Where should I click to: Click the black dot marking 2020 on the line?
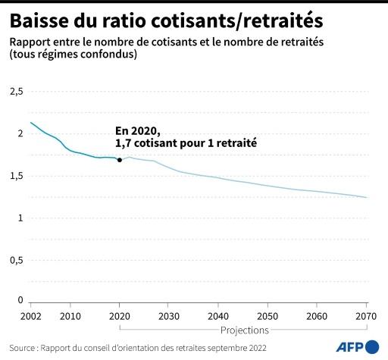tap(120, 160)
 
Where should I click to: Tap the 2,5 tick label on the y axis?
tap(16, 91)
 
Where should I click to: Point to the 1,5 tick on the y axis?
tap(16, 176)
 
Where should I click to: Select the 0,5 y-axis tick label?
tap(16, 260)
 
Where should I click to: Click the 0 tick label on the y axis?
tap(20, 300)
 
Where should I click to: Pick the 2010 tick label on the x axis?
tap(70, 315)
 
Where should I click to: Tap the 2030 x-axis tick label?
tap(169, 315)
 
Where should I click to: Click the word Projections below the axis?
tap(244, 330)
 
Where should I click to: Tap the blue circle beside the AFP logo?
tap(373, 346)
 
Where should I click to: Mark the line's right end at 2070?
tap(367, 198)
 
